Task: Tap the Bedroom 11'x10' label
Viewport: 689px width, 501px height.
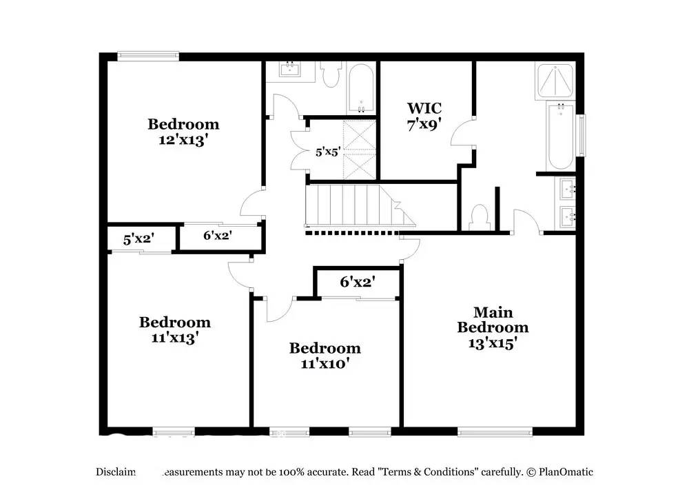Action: point(325,356)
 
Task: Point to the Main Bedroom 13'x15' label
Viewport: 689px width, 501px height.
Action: point(493,327)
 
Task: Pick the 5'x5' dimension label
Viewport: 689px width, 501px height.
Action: point(328,152)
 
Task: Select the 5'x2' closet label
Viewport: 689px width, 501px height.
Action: point(138,239)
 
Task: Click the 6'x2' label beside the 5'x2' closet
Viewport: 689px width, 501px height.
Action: point(217,235)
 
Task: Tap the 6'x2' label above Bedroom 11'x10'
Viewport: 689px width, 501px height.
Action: point(357,282)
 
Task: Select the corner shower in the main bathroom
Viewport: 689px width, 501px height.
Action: point(555,82)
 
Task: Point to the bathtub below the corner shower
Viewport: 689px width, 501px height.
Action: point(560,136)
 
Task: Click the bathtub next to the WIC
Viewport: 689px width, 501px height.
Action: point(361,88)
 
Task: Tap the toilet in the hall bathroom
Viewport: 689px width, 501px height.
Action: point(332,74)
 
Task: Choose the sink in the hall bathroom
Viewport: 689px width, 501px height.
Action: point(290,70)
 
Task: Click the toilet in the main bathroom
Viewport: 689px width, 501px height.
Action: point(480,217)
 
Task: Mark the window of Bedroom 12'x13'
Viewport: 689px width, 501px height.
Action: point(147,57)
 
